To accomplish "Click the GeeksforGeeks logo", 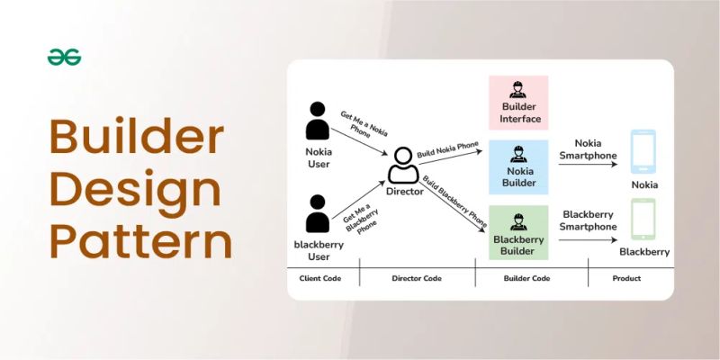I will [65, 58].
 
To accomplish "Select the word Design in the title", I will [134, 190].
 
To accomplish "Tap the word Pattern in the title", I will [140, 240].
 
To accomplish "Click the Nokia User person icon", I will [318, 121].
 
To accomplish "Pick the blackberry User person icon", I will [318, 214].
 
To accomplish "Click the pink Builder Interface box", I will [517, 101].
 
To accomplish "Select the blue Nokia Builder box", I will [517, 166].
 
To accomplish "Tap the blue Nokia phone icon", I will [643, 152].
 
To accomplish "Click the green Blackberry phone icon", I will [643, 219].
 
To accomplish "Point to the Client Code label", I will [320, 279].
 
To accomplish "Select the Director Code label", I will [418, 279].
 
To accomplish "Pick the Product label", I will [626, 279].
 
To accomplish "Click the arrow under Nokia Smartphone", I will [589, 166].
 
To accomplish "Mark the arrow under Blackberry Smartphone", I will [589, 231].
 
